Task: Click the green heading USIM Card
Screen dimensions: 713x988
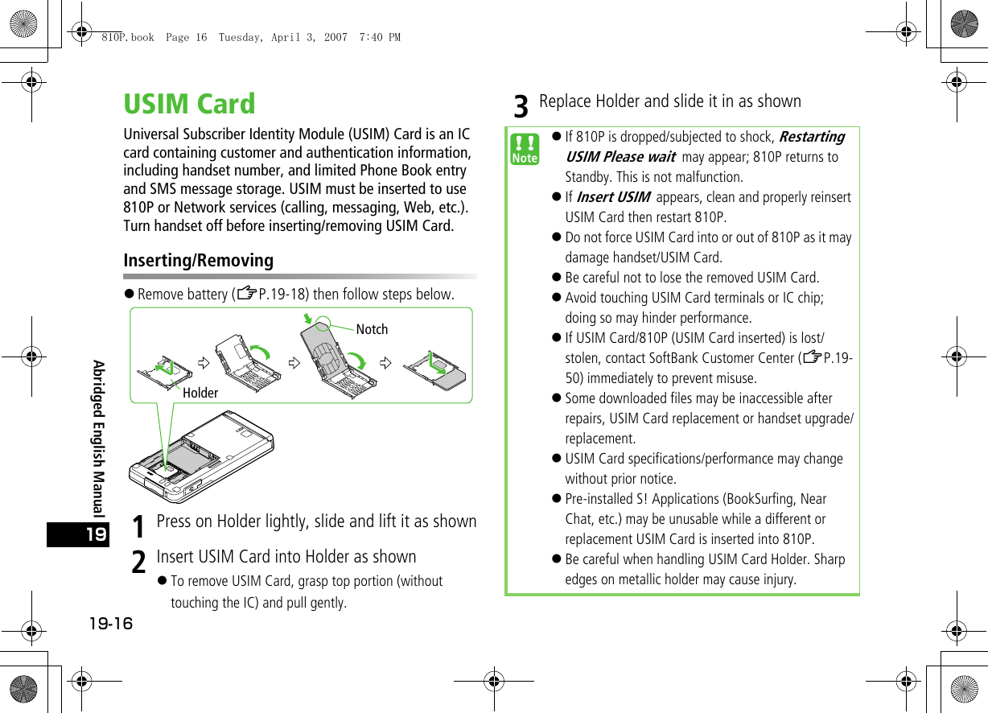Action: coord(189,105)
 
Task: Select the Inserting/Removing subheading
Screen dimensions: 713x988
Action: coord(198,261)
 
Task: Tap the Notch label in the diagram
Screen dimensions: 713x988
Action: coord(372,329)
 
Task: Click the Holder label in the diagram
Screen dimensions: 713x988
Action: coord(200,393)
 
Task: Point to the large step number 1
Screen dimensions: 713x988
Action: coord(138,526)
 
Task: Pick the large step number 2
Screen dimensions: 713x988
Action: coord(138,562)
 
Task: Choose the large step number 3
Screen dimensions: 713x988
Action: coord(521,106)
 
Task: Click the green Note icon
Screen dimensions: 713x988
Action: coord(525,150)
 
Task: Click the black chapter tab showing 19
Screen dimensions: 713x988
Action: coord(77,534)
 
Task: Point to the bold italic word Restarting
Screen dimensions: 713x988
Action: coord(812,137)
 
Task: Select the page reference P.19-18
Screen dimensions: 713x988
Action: coord(278,295)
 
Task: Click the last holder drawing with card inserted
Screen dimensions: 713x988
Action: coord(434,368)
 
